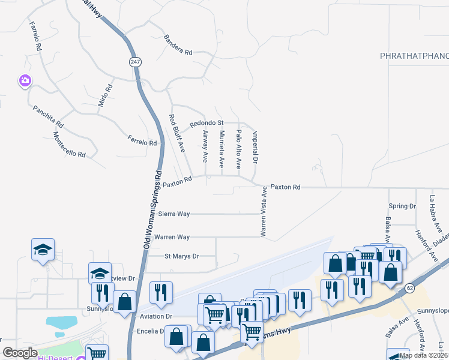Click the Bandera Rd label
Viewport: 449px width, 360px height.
178,45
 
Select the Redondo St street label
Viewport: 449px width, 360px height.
206,123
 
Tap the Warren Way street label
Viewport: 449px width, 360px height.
172,237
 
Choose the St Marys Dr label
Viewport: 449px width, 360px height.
181,256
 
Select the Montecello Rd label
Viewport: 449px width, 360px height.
69,145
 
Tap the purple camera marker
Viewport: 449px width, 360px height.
25,80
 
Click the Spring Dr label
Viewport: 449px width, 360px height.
402,206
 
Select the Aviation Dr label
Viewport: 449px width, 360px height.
155,316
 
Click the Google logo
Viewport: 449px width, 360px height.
20,353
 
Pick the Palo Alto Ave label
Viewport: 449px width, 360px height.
238,148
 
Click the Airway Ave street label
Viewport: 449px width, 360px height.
205,146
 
